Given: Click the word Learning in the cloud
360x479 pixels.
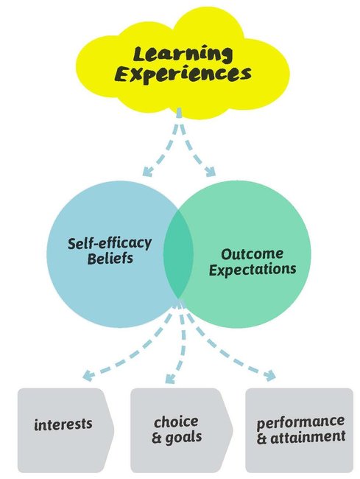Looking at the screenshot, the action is (x=183, y=55).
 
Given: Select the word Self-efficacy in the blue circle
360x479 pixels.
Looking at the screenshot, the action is (x=110, y=243).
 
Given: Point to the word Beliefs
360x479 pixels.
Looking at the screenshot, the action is (x=110, y=259).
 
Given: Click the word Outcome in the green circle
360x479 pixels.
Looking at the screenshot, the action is (x=252, y=254).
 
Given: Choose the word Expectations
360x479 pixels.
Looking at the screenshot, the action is (x=253, y=270).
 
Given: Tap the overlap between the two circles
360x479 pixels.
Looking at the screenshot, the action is (x=178, y=254).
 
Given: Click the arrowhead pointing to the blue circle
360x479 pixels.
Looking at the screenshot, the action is (x=147, y=172).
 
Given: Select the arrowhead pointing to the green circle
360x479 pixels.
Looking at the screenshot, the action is (x=211, y=172).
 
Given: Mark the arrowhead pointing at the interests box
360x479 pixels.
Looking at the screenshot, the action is (x=88, y=375).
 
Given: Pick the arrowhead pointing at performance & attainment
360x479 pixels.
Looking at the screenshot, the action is (x=270, y=375).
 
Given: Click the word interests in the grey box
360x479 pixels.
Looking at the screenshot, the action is (x=63, y=424).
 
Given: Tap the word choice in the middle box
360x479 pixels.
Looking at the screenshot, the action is (x=176, y=422).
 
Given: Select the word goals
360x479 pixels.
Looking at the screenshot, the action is (x=183, y=438).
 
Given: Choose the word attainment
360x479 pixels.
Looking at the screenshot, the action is (x=308, y=437).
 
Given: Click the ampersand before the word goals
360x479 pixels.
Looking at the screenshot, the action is (x=157, y=437).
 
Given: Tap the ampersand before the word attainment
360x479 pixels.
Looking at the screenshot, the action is (x=262, y=438).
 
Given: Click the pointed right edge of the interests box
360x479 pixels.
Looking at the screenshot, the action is (x=114, y=430).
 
